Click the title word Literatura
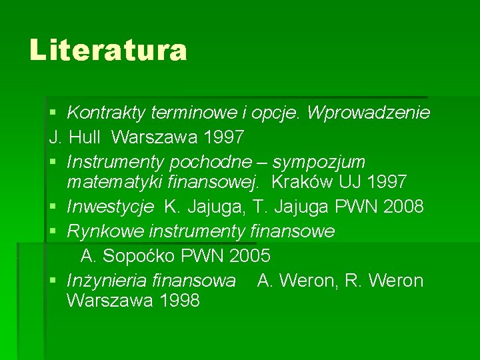[108, 50]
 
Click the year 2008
[404, 207]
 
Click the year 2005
[250, 256]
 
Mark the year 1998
[180, 301]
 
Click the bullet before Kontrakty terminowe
[54, 113]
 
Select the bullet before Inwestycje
[54, 207]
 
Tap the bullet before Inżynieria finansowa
[54, 281]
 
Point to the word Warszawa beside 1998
[109, 301]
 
